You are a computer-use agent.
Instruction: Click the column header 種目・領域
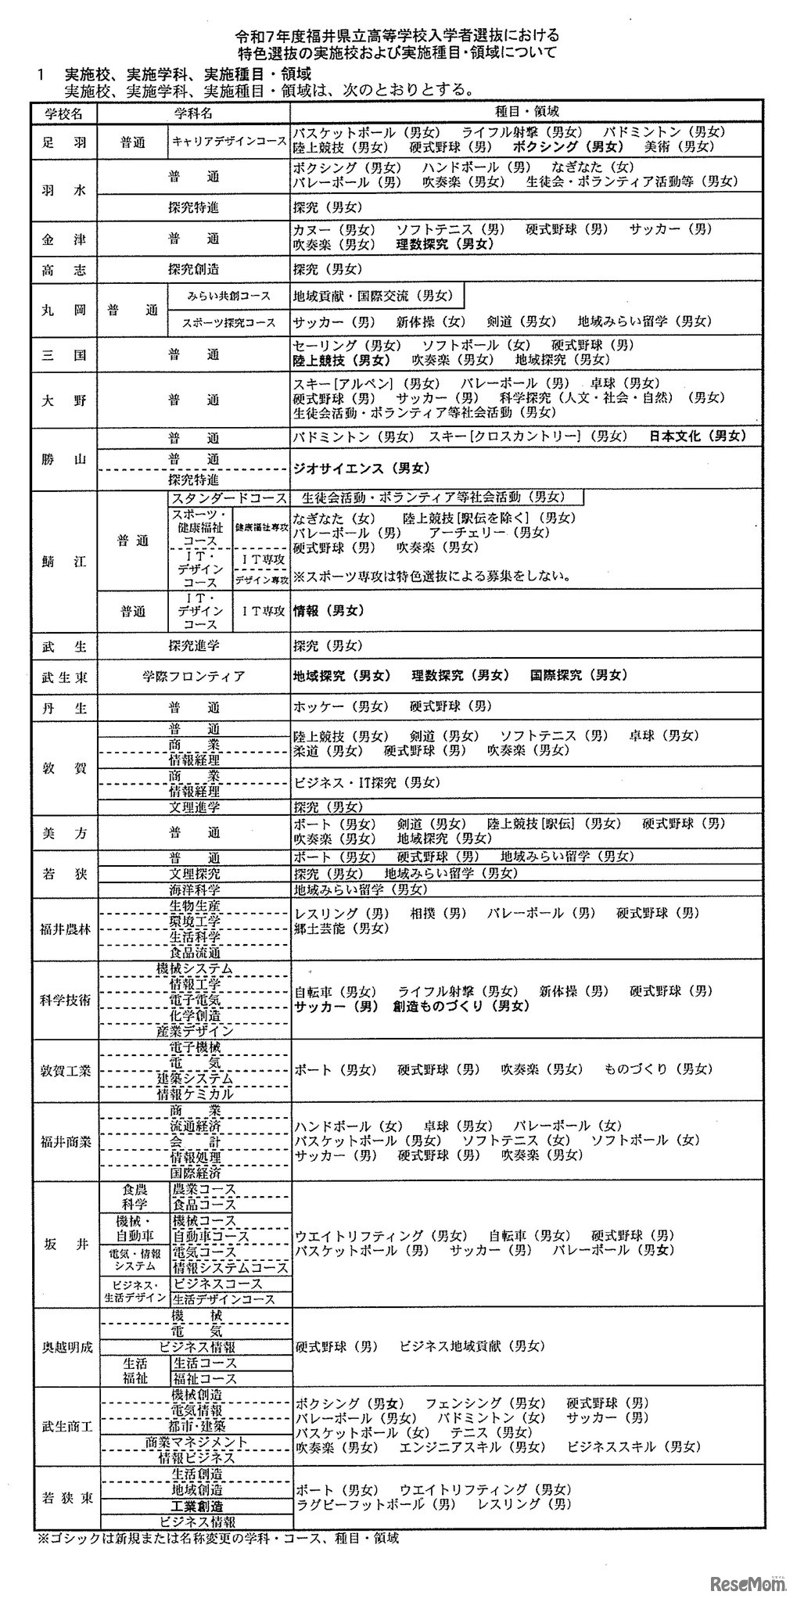(x=527, y=112)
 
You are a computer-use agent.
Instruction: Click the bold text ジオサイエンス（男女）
(x=361, y=469)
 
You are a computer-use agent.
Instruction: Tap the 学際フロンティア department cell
(x=193, y=676)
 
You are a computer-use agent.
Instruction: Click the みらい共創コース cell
(x=229, y=296)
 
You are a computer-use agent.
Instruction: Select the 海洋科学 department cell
(x=194, y=889)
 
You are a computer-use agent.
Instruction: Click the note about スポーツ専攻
(x=431, y=577)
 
